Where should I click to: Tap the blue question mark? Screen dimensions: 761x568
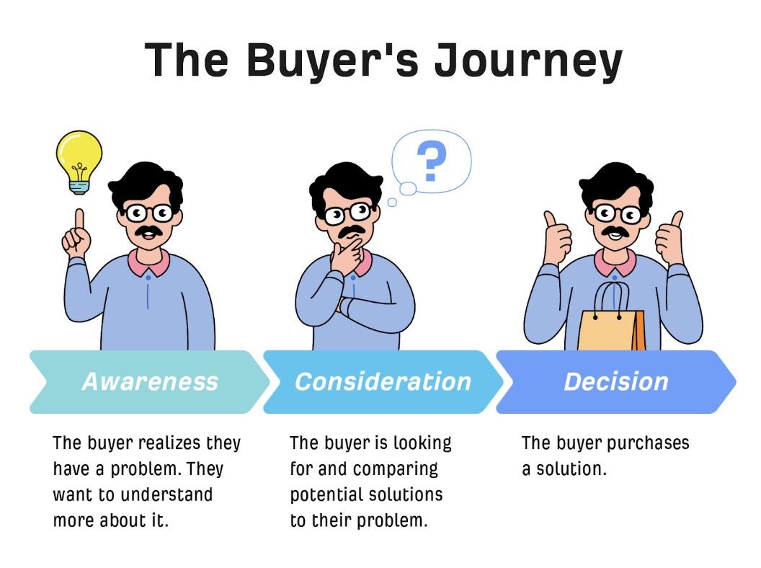(431, 161)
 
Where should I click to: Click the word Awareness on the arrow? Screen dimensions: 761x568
(151, 381)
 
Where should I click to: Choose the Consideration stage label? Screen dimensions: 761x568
(383, 381)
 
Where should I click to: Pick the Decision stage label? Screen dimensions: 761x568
(616, 381)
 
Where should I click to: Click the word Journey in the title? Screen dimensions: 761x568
(528, 61)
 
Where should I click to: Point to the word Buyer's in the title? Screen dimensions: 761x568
(332, 60)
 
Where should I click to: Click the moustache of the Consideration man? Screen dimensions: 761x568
(350, 233)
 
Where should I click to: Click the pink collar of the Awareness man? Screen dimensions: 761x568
(149, 263)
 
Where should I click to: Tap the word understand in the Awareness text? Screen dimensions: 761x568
(166, 494)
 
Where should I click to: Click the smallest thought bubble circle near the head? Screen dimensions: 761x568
(391, 203)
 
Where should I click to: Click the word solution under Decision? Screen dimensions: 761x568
(571, 469)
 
